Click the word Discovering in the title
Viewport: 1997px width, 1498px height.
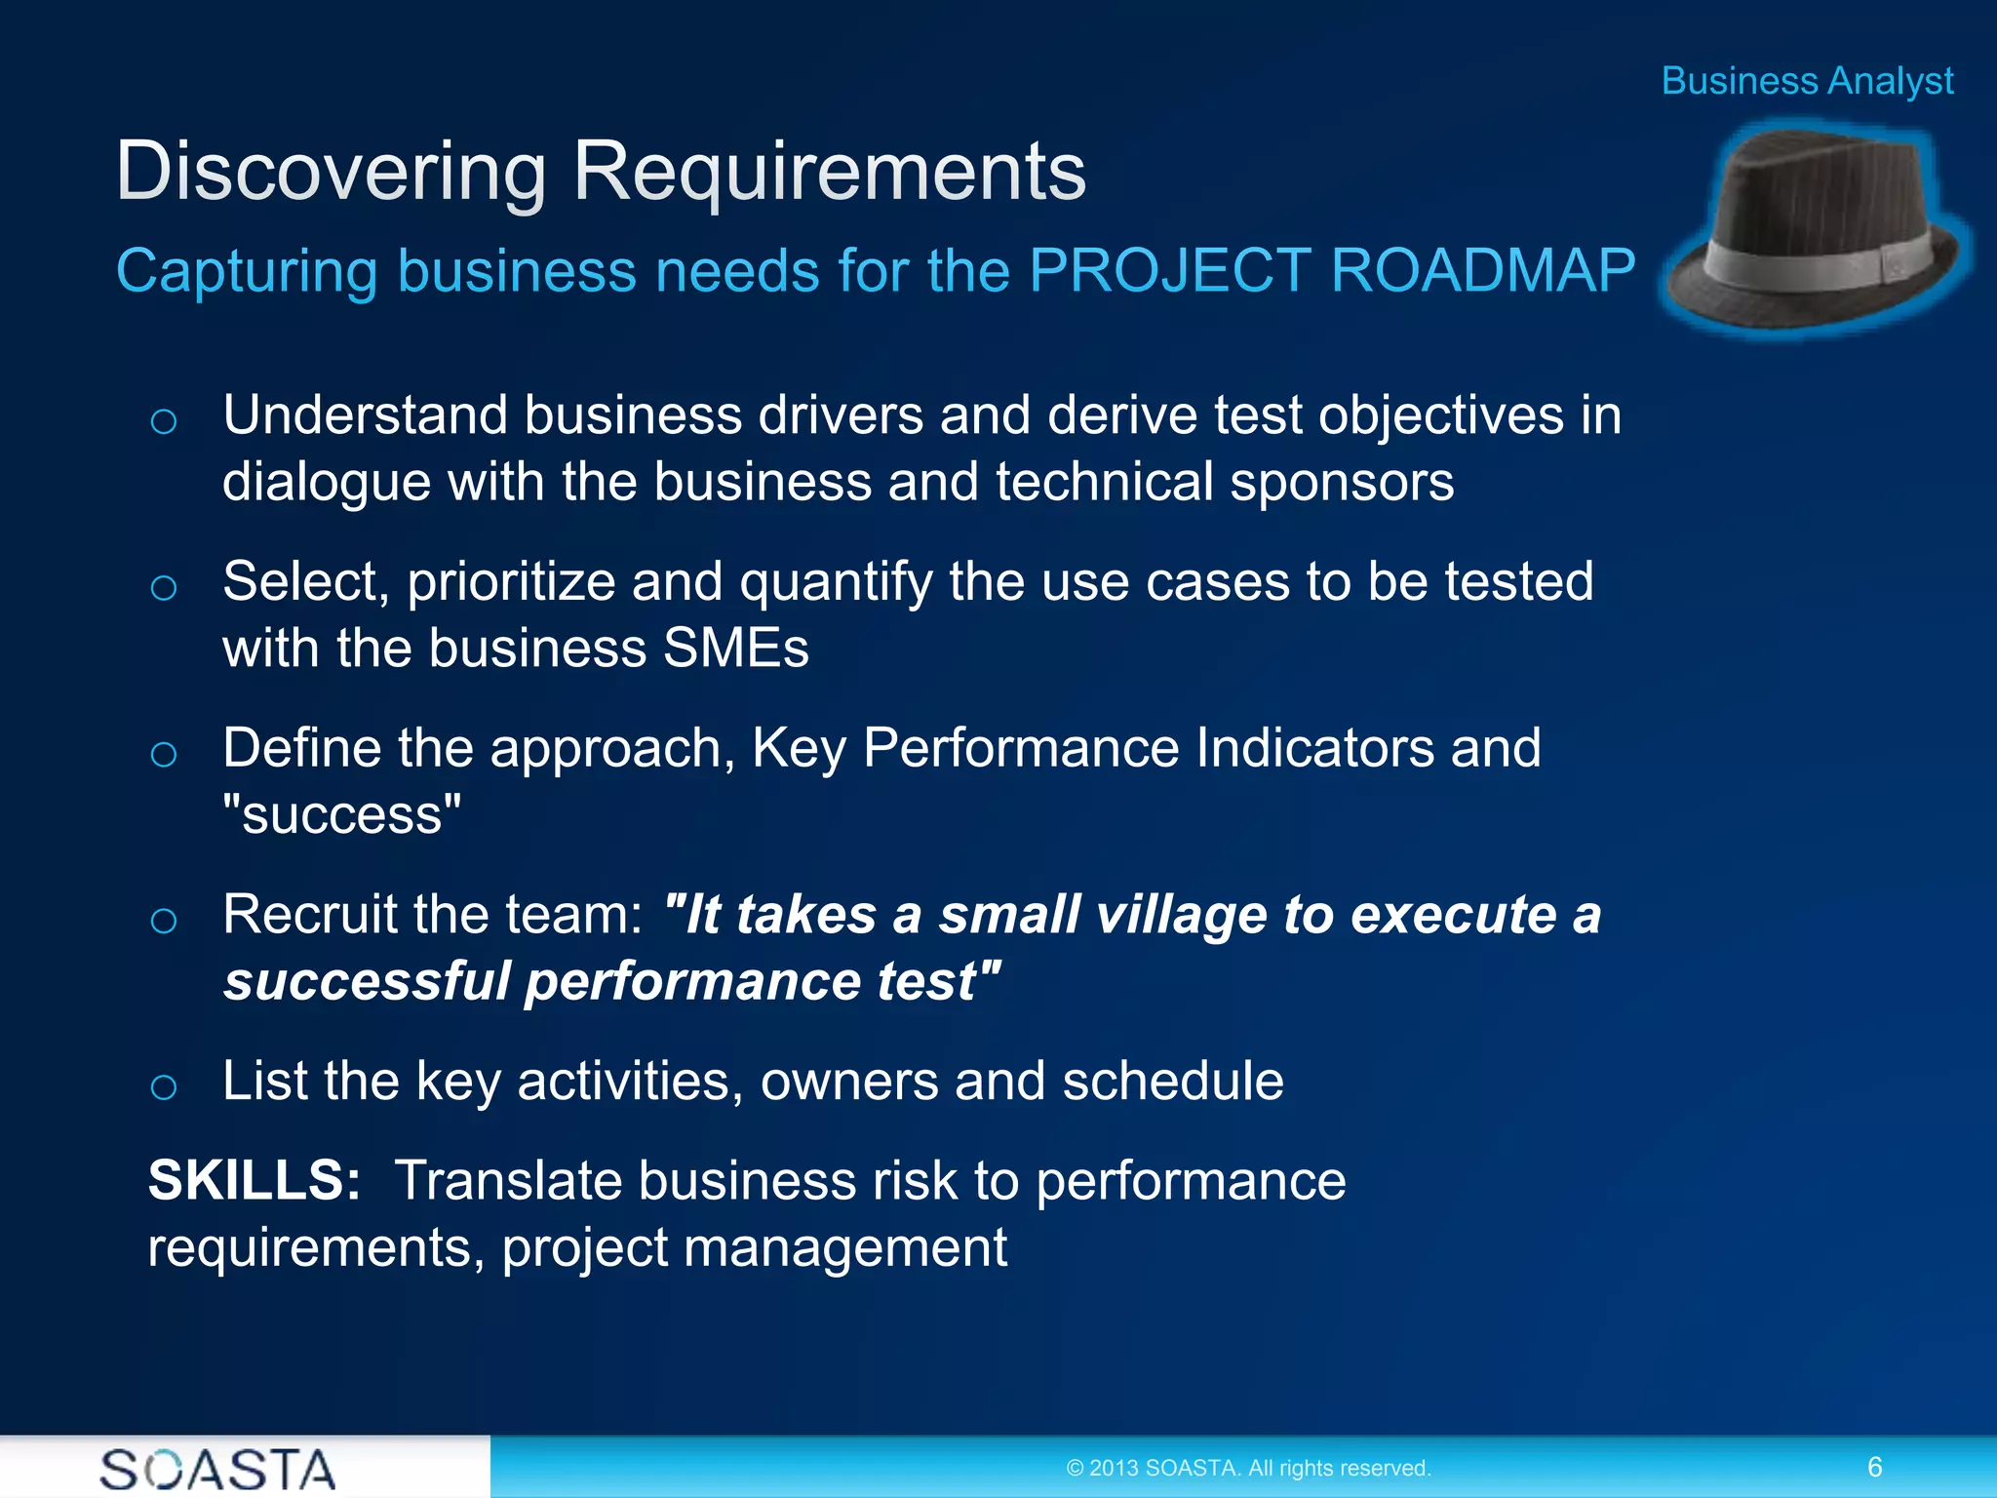(330, 173)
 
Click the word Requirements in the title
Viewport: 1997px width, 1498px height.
(829, 173)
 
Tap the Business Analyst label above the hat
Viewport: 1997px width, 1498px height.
(1807, 81)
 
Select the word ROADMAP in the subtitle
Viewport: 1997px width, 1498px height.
(1482, 270)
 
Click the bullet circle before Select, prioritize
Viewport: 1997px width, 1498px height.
(164, 588)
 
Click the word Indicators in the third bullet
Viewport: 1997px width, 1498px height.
(1314, 748)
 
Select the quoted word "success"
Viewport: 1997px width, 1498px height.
(341, 814)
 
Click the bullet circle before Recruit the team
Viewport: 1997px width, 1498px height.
(164, 921)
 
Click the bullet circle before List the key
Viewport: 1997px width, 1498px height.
(164, 1086)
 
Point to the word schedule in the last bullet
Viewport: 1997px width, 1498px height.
(1172, 1081)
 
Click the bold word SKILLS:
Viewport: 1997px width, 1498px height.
(255, 1180)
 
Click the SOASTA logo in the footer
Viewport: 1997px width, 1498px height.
(217, 1469)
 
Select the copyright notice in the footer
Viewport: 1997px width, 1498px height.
(1248, 1468)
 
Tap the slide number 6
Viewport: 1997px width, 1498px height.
(1874, 1467)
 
